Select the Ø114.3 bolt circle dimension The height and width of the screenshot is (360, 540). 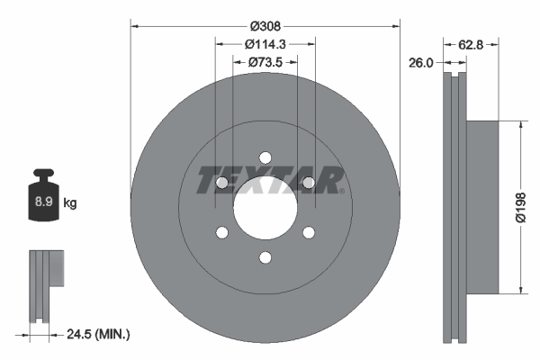[265, 43]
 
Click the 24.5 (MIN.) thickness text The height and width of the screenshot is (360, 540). [99, 334]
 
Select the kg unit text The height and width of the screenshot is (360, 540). [70, 203]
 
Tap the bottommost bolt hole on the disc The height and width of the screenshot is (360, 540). [265, 259]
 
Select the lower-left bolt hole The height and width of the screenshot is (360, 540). [221, 234]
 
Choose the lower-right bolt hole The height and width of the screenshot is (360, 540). [308, 234]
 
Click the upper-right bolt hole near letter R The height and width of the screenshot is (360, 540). [308, 183]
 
